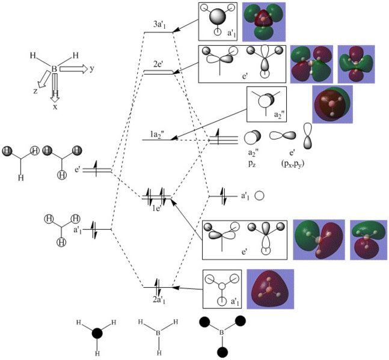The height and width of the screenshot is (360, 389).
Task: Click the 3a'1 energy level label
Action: (159, 26)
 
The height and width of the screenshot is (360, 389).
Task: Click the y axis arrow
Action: (75, 69)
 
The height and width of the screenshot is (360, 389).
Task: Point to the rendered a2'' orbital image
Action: (332, 105)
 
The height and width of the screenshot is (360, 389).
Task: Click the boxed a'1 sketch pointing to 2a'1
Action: (222, 288)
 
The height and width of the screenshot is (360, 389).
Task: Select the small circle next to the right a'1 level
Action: (260, 196)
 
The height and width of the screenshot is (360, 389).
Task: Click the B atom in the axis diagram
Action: (55, 70)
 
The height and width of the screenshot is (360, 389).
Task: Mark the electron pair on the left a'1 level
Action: (94, 228)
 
